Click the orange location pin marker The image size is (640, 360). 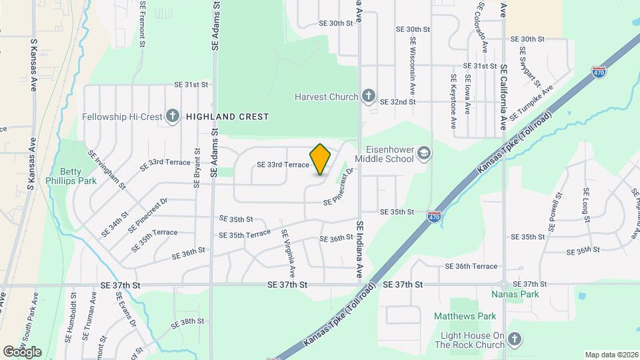(321, 159)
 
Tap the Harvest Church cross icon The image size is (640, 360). (368, 97)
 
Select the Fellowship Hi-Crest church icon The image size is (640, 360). (172, 117)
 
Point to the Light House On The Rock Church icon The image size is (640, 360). (514, 339)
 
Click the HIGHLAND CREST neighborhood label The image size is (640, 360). (227, 117)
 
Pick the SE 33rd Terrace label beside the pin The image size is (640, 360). (283, 165)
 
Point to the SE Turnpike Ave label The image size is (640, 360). (532, 103)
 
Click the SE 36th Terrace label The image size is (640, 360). (471, 266)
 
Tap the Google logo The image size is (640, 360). (22, 352)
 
